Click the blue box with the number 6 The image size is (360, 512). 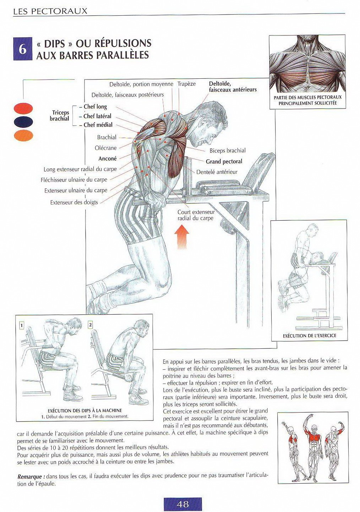[x=23, y=49]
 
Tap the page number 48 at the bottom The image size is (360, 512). [x=182, y=504]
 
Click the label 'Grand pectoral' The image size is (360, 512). [x=224, y=161]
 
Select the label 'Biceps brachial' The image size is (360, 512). [x=227, y=150]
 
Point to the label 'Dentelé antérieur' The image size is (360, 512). [x=217, y=172]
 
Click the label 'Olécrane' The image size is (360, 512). [x=105, y=148]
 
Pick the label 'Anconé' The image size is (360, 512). [x=107, y=159]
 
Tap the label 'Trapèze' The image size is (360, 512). [x=186, y=84]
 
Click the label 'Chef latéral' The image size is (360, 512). [x=97, y=116]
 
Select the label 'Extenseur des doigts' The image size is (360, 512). [x=74, y=202]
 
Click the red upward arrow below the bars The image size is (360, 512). [x=182, y=237]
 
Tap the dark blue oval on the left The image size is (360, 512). [x=23, y=122]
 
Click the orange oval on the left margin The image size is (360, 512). [x=23, y=136]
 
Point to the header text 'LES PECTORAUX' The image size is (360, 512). [x=50, y=11]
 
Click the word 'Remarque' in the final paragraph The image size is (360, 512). [x=31, y=477]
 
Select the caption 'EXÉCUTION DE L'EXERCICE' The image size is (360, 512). [x=309, y=335]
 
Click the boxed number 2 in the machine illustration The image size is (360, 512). [x=91, y=325]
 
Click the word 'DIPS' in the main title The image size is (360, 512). [x=55, y=44]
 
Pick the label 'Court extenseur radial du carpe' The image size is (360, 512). [x=196, y=215]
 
